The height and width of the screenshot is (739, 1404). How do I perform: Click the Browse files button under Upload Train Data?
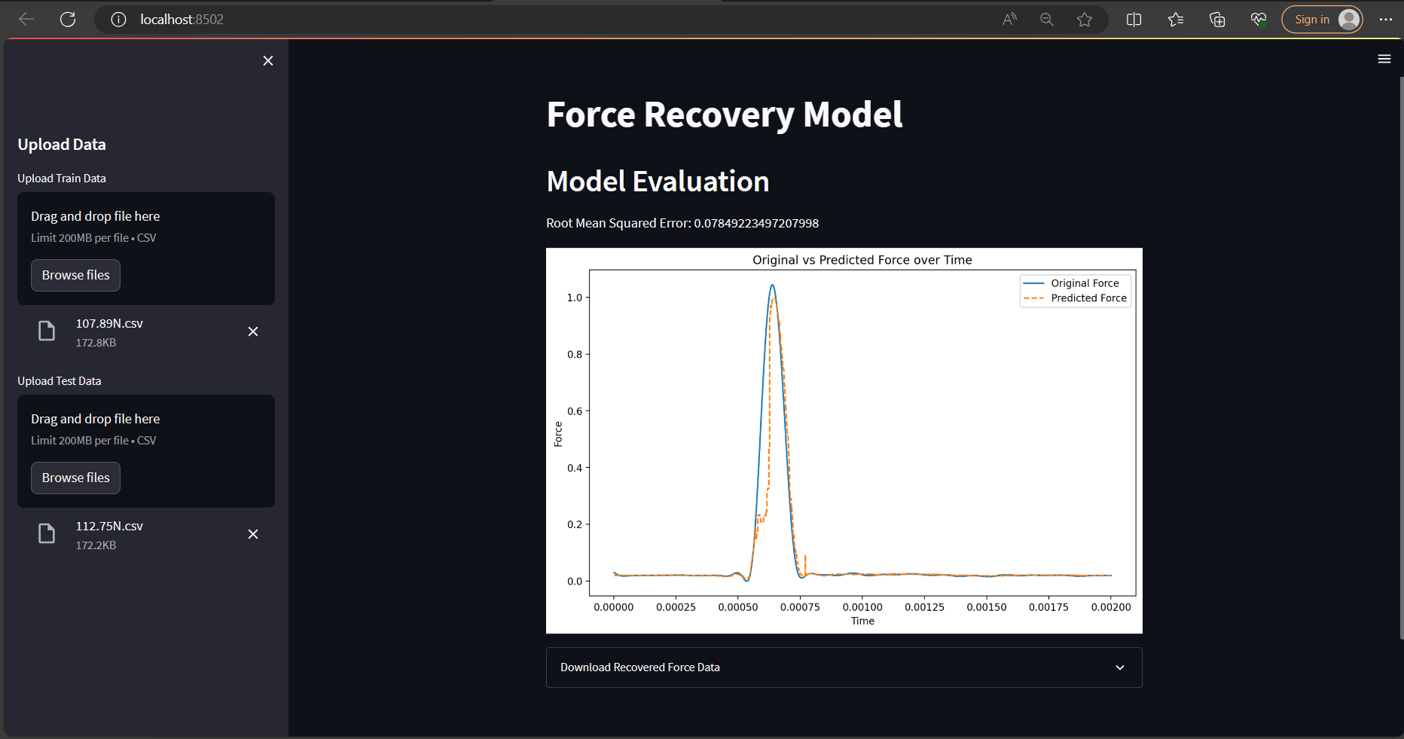click(75, 275)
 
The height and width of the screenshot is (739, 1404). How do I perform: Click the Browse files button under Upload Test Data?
click(75, 478)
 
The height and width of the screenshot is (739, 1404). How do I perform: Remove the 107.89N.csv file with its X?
click(253, 331)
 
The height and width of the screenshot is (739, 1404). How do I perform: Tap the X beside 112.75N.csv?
click(253, 534)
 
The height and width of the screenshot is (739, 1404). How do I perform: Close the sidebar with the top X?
click(268, 61)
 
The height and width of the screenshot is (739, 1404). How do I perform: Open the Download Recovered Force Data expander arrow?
click(1120, 667)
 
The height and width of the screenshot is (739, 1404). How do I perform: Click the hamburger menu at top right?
click(1384, 59)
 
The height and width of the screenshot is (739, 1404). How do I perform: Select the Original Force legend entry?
click(1085, 283)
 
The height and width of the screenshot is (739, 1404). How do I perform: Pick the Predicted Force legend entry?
click(1088, 298)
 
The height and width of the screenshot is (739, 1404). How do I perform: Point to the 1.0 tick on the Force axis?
click(575, 298)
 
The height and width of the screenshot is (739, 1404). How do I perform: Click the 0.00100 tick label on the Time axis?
click(862, 607)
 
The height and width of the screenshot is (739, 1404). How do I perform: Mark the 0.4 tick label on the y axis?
click(575, 468)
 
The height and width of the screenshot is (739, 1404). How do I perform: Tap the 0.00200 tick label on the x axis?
click(1111, 607)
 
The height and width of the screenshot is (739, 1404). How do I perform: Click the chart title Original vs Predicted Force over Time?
click(862, 260)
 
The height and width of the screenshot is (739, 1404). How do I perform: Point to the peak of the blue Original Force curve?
click(772, 286)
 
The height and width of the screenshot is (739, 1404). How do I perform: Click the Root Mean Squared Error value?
click(756, 223)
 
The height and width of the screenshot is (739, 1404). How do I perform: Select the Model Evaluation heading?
click(658, 182)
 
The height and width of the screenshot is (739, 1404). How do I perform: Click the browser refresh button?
click(68, 20)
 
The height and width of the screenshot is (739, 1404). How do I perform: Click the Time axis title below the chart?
click(862, 621)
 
